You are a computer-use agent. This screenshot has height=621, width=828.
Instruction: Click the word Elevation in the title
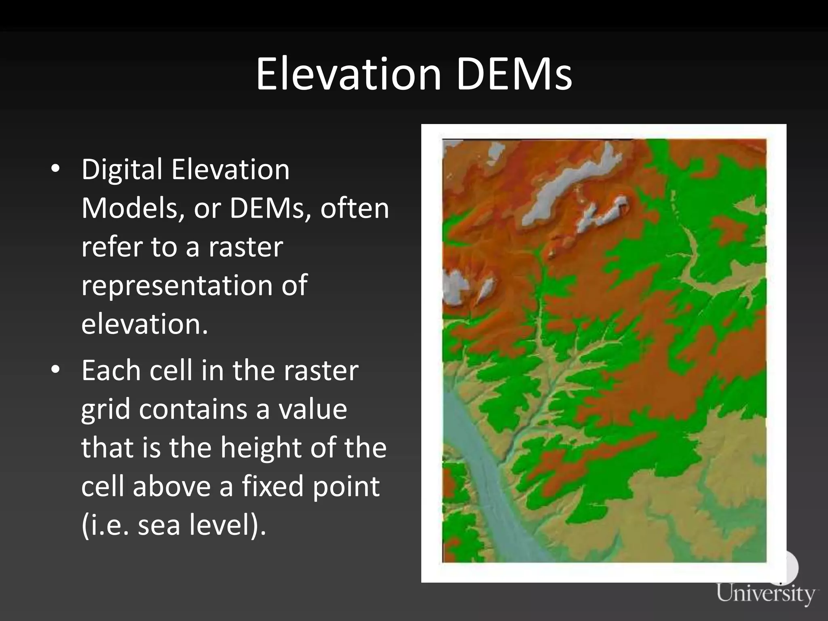point(349,74)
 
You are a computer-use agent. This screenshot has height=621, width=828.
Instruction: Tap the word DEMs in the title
point(514,74)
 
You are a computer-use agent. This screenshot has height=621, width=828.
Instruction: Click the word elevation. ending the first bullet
point(144,324)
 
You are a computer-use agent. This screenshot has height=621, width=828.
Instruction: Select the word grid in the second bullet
point(105,410)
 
